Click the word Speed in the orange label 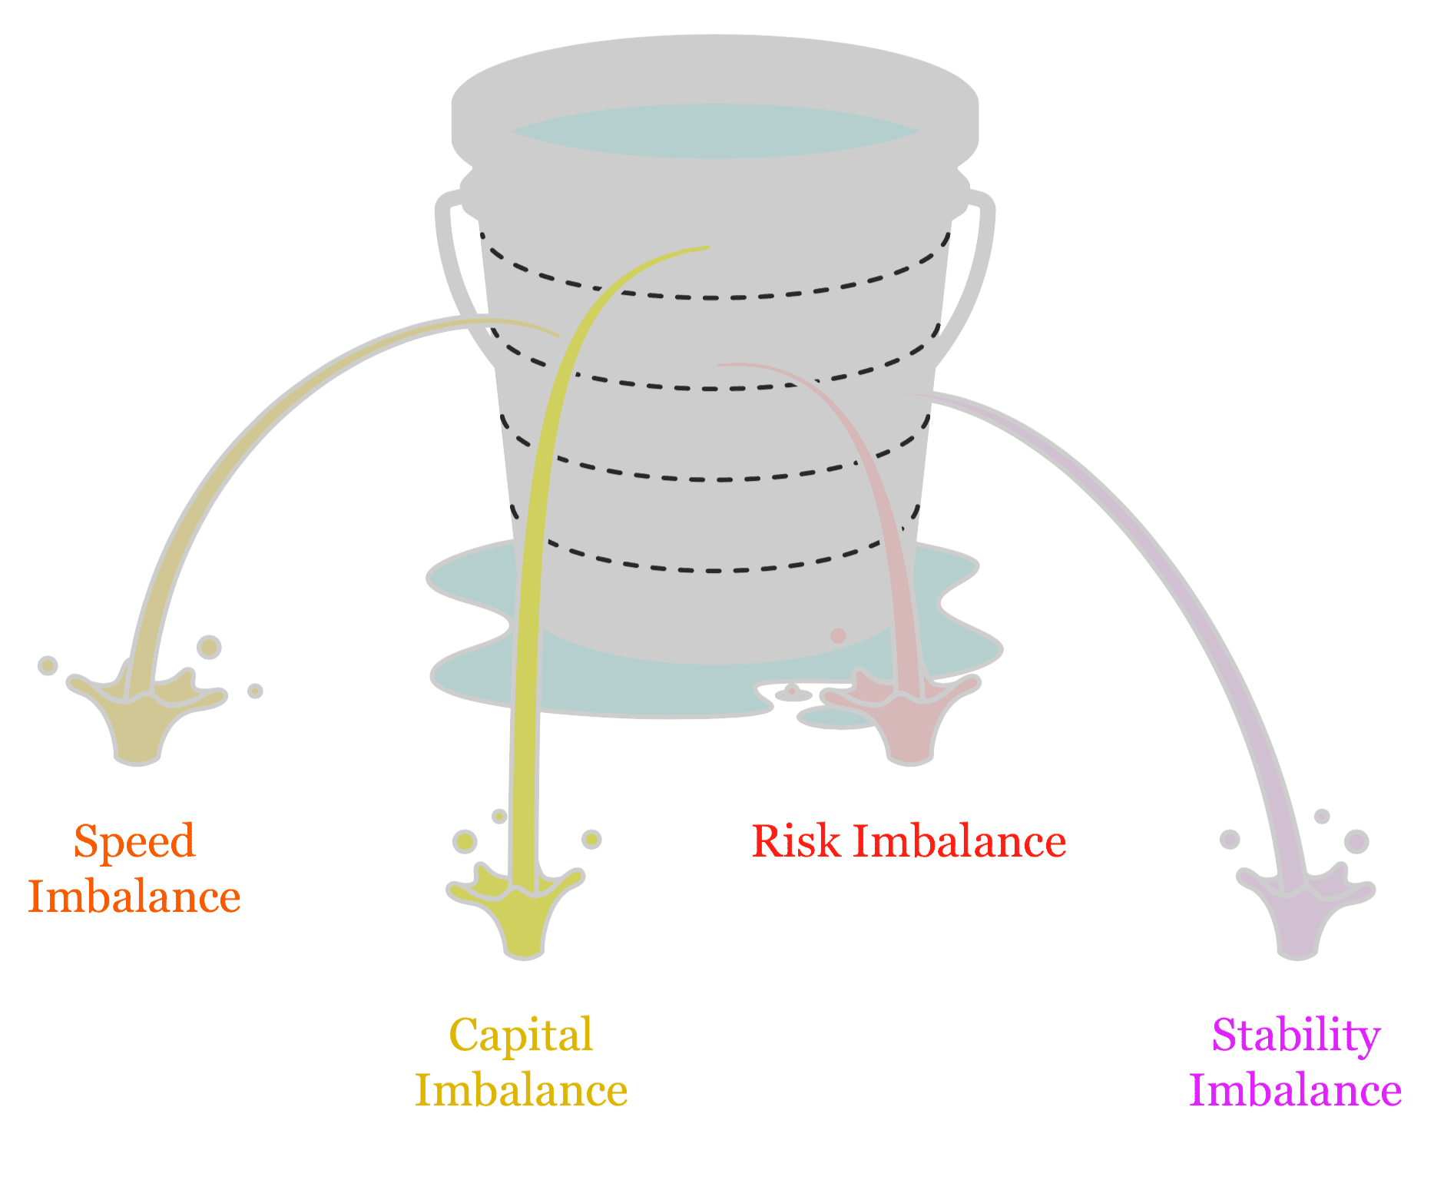[134, 841]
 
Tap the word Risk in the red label [794, 841]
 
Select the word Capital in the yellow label [521, 1035]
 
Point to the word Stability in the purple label [1296, 1036]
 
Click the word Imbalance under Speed [134, 897]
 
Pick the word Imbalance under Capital [522, 1090]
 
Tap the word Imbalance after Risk [959, 841]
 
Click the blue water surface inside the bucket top [714, 131]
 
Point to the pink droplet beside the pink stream [838, 635]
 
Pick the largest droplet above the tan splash [208, 647]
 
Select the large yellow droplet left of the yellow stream [465, 840]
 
